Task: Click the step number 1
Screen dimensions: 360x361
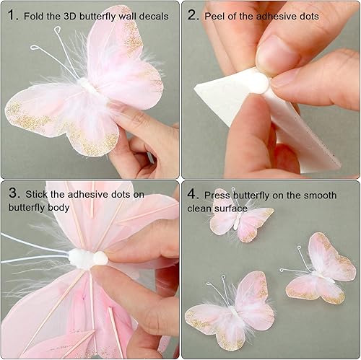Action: [x=12, y=15]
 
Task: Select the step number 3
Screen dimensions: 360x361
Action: [x=12, y=194]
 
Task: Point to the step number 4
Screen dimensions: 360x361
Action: [x=192, y=194]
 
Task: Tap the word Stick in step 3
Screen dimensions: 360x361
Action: [x=38, y=194]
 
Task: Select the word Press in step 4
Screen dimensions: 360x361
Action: [x=218, y=194]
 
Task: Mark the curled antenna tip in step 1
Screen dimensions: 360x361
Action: [x=34, y=48]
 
